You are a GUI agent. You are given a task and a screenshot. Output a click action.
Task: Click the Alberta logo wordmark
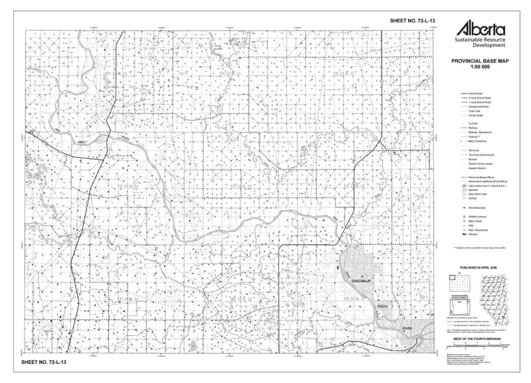coord(479,28)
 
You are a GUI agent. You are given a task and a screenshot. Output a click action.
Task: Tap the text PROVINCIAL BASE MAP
coord(479,61)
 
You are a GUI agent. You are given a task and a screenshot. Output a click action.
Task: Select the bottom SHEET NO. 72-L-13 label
coord(44,363)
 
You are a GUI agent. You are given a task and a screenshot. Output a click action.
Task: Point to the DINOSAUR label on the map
coord(365,282)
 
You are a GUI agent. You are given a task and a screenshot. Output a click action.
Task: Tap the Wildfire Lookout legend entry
coord(479,216)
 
